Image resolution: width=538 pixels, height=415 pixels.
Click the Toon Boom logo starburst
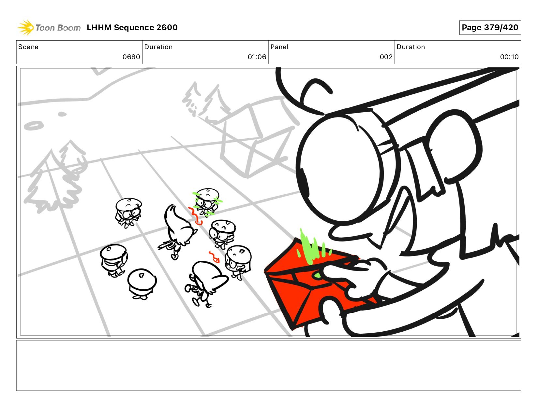(25, 27)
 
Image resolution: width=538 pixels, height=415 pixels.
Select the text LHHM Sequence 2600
(132, 27)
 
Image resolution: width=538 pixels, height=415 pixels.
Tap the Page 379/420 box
(490, 27)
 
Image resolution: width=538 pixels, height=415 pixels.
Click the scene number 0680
(131, 57)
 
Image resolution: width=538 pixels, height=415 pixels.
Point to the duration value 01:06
(257, 57)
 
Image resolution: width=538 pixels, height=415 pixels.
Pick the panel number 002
(386, 57)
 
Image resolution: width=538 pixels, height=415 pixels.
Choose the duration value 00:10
(509, 57)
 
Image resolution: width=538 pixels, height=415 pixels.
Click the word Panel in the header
(279, 47)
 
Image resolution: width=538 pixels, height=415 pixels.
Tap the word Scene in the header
(28, 47)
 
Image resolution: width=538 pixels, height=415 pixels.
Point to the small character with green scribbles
(207, 202)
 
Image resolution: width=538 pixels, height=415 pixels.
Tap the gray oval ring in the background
(34, 126)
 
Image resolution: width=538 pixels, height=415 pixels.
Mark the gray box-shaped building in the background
(258, 138)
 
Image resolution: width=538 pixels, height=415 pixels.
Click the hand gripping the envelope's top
(354, 270)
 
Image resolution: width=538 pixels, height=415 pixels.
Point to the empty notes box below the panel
(269, 366)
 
